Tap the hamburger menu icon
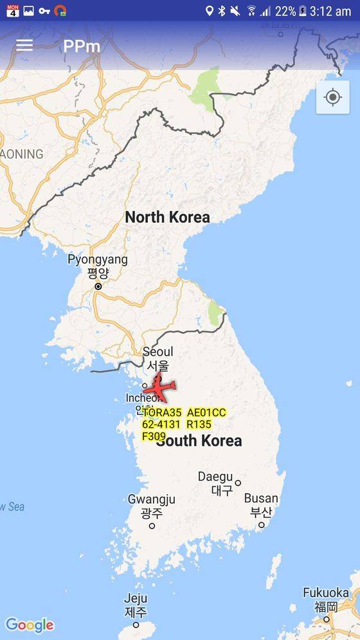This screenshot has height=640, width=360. click(x=24, y=45)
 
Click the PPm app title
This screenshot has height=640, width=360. click(x=82, y=46)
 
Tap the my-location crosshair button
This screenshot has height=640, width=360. click(x=332, y=98)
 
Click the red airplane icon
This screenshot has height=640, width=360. click(x=160, y=389)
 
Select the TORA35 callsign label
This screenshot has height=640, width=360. click(x=162, y=412)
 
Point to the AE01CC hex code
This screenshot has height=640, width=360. click(x=206, y=412)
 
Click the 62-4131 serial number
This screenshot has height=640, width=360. click(x=161, y=425)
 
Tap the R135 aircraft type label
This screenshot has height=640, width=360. click(x=199, y=425)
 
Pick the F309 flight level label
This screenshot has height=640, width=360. click(x=154, y=436)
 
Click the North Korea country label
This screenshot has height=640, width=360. click(x=167, y=217)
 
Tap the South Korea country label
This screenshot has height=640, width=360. click(x=199, y=441)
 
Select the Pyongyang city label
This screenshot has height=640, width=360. click(x=98, y=260)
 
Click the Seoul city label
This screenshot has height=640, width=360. click(x=157, y=352)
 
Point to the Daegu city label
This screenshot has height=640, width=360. click(x=215, y=477)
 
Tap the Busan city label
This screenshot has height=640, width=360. click(x=261, y=498)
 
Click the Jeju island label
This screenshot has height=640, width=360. click(x=136, y=599)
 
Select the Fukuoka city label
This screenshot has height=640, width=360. click(x=326, y=592)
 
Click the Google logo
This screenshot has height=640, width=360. click(x=30, y=625)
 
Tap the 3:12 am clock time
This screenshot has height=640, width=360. click(x=330, y=11)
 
